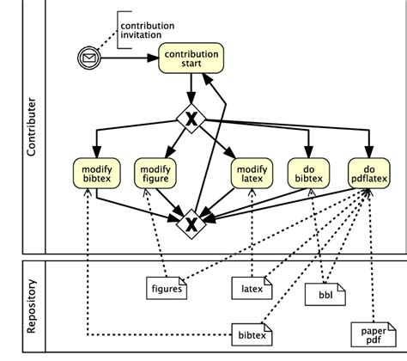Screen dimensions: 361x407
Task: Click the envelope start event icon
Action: [x=88, y=59]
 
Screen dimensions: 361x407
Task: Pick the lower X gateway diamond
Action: [x=190, y=224]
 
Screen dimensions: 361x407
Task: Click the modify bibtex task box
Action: [x=96, y=172]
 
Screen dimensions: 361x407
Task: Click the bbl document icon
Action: [x=325, y=296]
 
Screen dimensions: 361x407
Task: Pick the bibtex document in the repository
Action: [x=252, y=332]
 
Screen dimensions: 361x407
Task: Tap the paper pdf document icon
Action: [x=370, y=333]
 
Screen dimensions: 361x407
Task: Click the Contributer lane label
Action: [x=32, y=129]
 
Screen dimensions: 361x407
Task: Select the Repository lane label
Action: [x=32, y=305]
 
